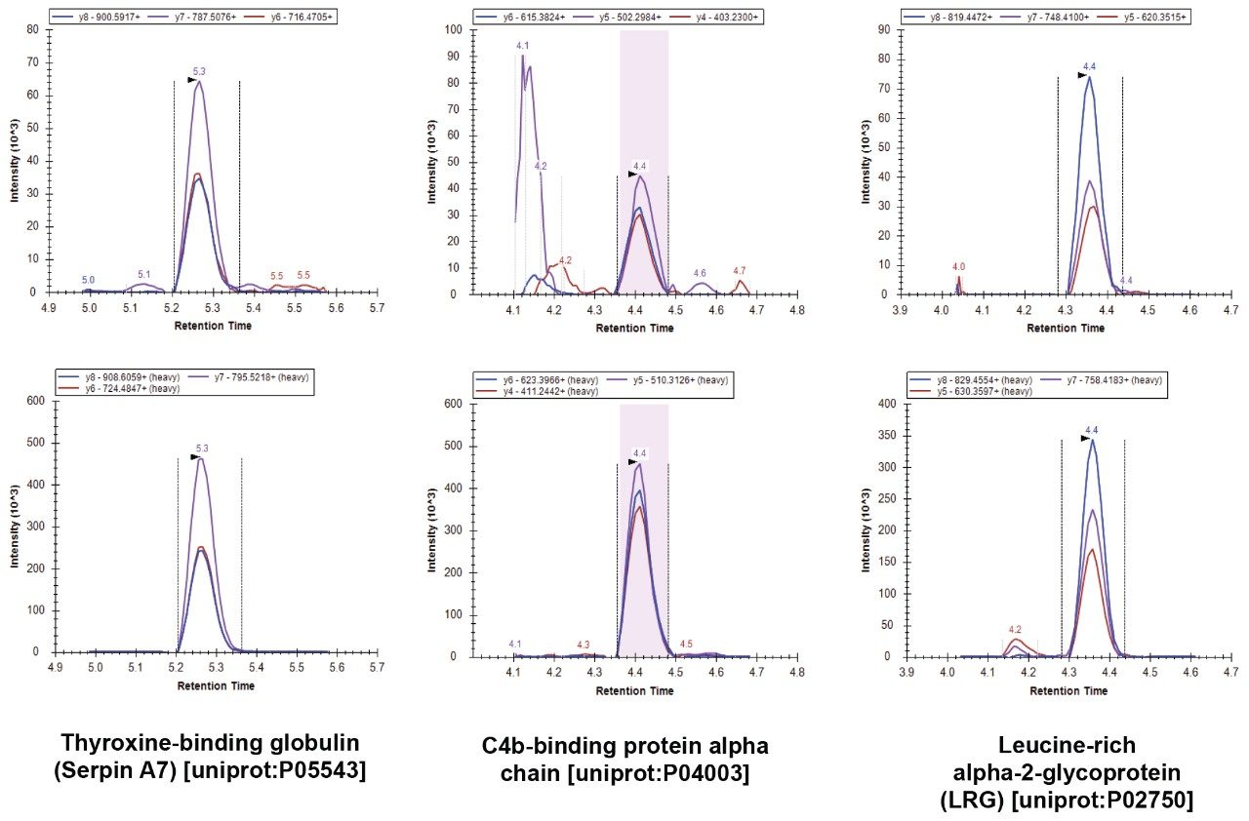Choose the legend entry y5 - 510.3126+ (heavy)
click(667, 379)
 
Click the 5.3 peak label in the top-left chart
click(199, 71)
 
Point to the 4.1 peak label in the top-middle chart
click(523, 46)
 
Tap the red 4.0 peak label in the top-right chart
click(958, 266)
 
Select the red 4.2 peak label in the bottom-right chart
click(1015, 629)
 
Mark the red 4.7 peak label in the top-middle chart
click(740, 270)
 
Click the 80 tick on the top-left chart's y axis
click(32, 29)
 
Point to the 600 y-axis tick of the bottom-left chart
click(29, 400)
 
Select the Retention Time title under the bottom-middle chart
click(635, 691)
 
